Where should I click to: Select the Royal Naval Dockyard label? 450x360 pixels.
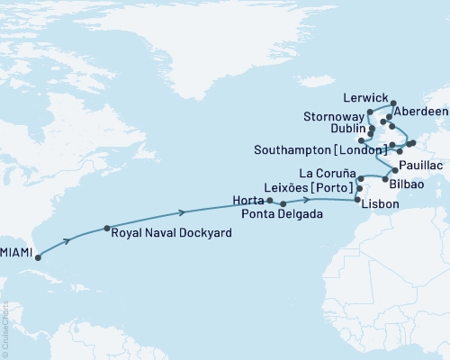point(169,232)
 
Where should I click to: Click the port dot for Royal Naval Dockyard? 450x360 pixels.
point(108,228)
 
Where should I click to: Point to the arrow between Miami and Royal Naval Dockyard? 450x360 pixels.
point(69,242)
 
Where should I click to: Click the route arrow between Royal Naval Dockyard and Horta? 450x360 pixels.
point(184,212)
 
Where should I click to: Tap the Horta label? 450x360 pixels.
point(249,199)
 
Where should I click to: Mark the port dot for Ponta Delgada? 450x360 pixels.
point(283,204)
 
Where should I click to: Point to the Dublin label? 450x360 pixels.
point(346,129)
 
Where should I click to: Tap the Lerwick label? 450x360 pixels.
point(365,96)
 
